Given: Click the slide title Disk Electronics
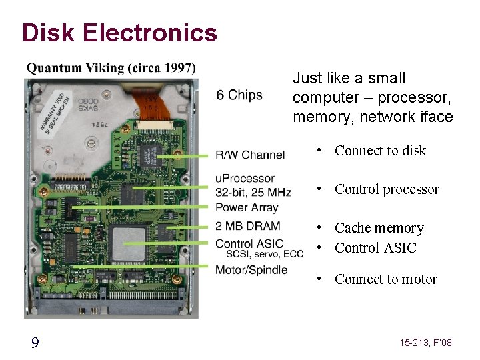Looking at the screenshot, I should (x=119, y=32).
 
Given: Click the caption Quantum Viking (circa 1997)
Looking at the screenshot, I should (x=111, y=67).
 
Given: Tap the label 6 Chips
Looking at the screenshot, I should (x=239, y=95).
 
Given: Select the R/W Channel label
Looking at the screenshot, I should (x=250, y=155).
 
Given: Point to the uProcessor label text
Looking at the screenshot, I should (x=245, y=178).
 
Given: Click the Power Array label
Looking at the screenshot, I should (x=247, y=207).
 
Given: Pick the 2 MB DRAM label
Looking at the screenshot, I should (x=248, y=225).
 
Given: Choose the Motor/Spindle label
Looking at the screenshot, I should (x=251, y=269).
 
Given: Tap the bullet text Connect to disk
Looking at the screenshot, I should (x=380, y=151).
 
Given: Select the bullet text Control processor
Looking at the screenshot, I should (x=387, y=189).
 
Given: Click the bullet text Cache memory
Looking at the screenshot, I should (x=379, y=228).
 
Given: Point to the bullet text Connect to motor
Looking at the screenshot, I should (x=386, y=279).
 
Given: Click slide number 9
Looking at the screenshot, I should (x=35, y=343).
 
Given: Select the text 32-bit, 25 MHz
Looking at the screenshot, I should (x=253, y=193).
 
